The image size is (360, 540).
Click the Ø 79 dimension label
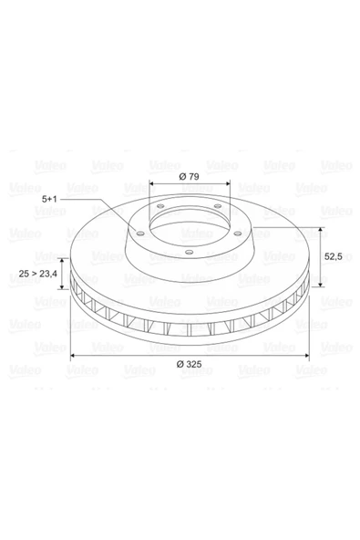190,177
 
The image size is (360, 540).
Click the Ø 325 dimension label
189,364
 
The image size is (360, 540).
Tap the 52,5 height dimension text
334,256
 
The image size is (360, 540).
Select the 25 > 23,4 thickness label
38,274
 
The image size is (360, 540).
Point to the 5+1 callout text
49,199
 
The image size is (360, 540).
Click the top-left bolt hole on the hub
159,207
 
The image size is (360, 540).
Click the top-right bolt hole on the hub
218,206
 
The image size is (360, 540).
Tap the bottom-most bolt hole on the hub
189,253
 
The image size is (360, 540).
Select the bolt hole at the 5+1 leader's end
139,234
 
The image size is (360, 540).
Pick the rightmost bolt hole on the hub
238,234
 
